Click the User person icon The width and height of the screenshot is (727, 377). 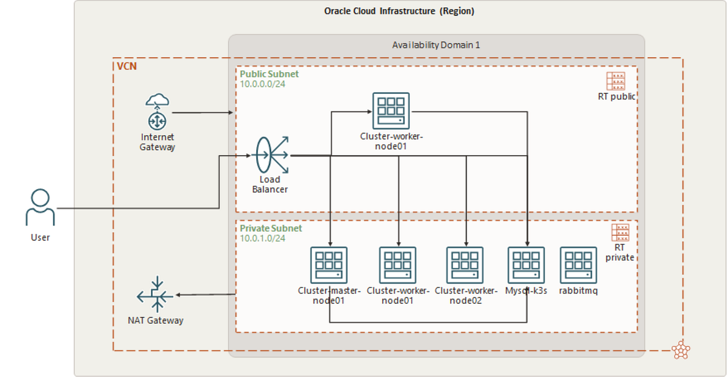tap(40, 207)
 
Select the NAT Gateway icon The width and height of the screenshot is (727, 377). tap(156, 295)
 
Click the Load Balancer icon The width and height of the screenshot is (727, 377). tap(270, 155)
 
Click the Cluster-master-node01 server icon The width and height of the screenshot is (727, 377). tap(329, 265)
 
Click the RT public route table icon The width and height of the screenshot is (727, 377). tap(615, 81)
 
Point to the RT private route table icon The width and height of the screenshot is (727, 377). tap(620, 232)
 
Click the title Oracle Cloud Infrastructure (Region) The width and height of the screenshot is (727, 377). tap(399, 11)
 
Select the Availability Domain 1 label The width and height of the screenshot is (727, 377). tap(436, 45)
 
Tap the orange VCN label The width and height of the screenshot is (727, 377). tap(127, 65)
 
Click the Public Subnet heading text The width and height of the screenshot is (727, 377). tap(269, 74)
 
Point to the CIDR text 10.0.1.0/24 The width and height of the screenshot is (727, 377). tap(262, 238)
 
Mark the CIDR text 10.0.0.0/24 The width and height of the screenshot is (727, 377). tap(262, 84)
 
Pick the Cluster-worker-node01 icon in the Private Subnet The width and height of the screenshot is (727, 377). tap(397, 265)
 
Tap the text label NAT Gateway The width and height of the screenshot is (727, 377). tap(156, 320)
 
